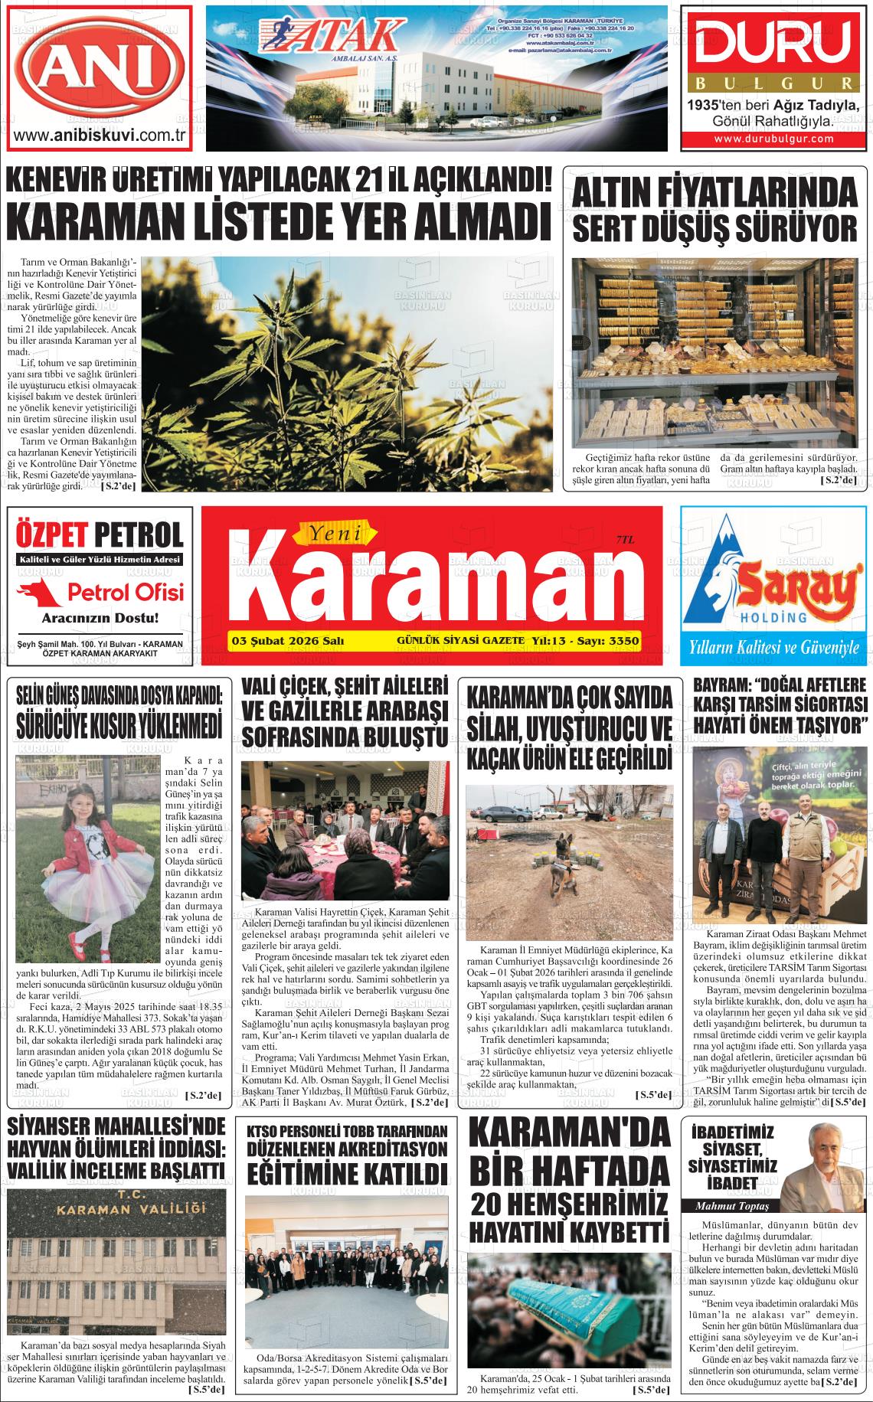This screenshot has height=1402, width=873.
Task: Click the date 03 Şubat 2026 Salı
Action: (x=287, y=641)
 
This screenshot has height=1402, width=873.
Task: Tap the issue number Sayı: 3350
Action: (x=610, y=641)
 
